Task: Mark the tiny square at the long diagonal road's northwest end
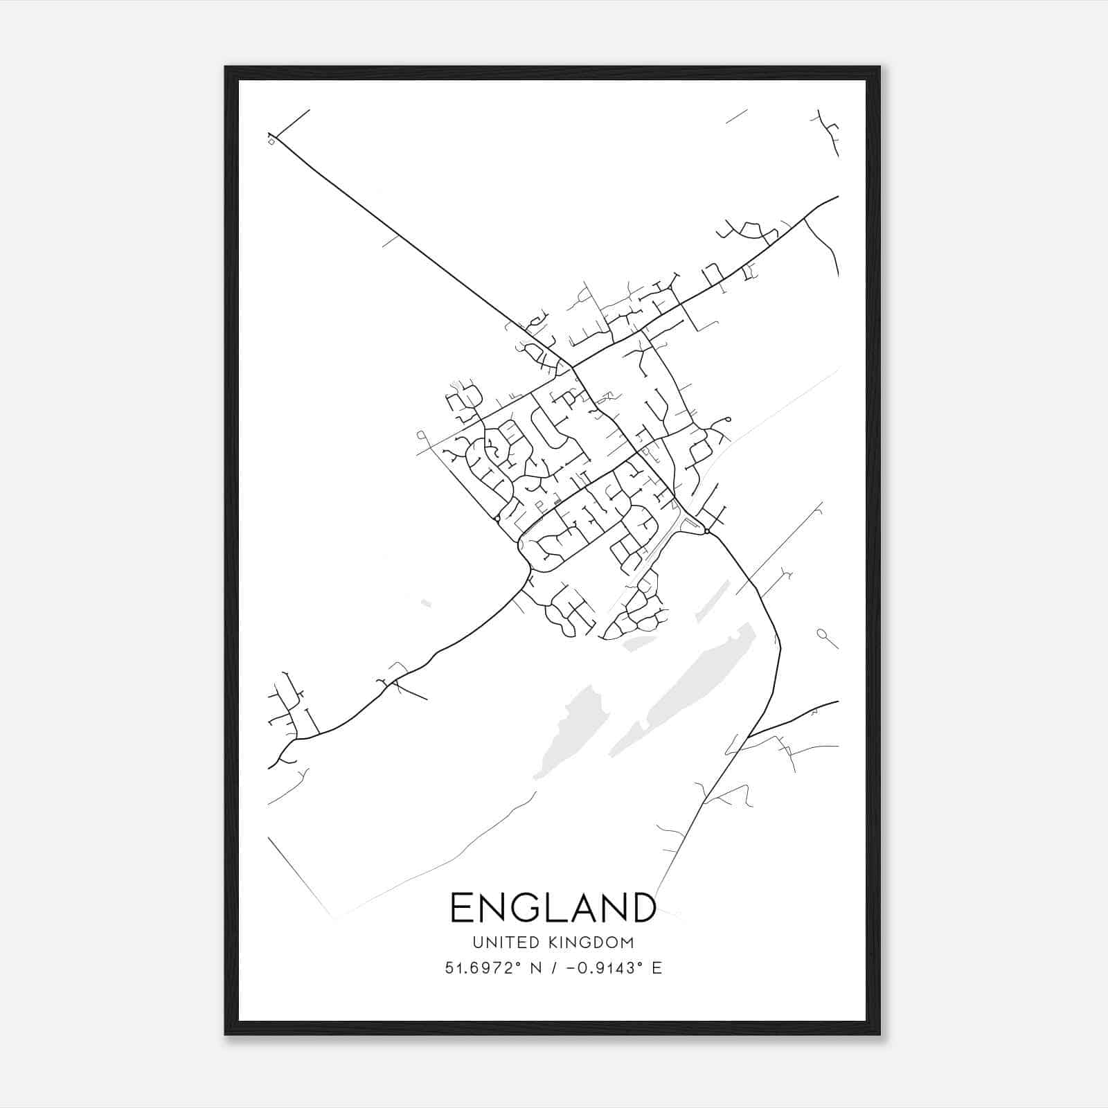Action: point(271,141)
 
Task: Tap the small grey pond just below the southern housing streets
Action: point(638,645)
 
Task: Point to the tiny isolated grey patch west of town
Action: point(425,603)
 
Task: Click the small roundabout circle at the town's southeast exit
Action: point(706,531)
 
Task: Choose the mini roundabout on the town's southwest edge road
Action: point(497,518)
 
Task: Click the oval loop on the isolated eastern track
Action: point(822,633)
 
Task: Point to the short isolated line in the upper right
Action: point(736,116)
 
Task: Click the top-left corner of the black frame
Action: point(226,67)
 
